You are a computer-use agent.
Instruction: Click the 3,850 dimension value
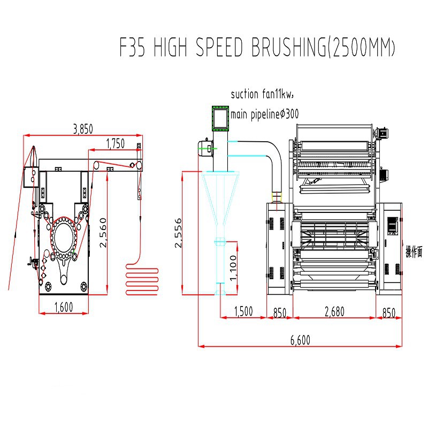[x=83, y=129]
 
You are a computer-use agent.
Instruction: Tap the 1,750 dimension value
[x=116, y=143]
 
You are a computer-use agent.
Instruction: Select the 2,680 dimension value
[x=334, y=312]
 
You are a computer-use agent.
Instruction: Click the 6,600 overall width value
[x=300, y=340]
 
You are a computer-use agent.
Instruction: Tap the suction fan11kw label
[x=263, y=95]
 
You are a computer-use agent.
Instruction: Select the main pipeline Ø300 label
[x=264, y=114]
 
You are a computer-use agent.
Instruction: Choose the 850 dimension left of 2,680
[x=279, y=312]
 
